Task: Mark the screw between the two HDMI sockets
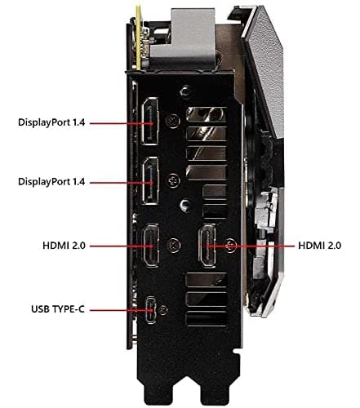coord(173,242)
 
